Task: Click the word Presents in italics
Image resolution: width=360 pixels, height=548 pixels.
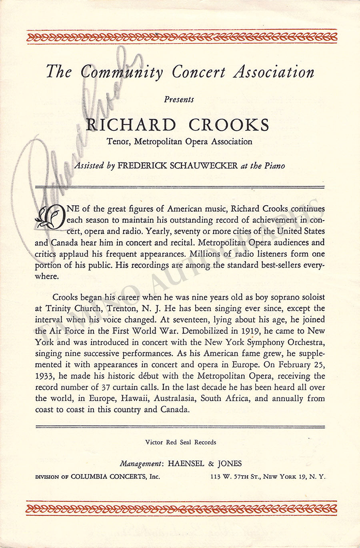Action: (179, 100)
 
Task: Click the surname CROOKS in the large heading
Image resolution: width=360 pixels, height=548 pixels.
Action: (229, 125)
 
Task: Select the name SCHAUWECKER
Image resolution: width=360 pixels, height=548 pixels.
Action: (204, 166)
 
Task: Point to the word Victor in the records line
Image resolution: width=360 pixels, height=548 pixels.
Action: (154, 442)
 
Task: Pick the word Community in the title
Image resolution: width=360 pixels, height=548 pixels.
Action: (122, 72)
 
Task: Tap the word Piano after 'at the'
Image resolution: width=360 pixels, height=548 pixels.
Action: (274, 166)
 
